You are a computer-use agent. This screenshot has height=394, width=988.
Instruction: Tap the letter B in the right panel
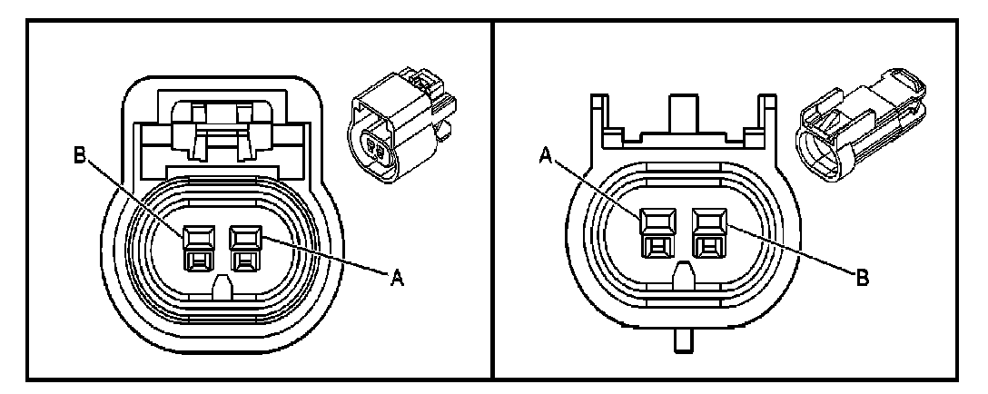tap(862, 277)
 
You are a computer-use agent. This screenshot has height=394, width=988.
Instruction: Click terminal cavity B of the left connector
tap(196, 248)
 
